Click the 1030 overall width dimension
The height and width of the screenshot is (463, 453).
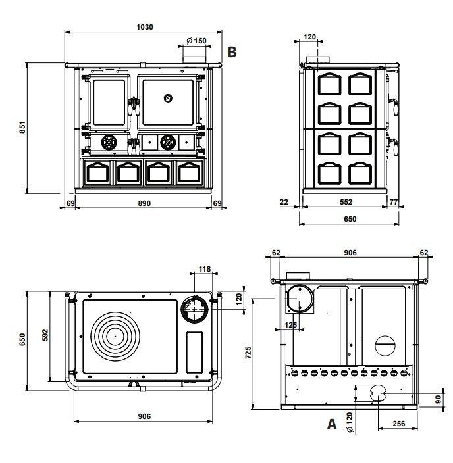pyautogui.click(x=145, y=27)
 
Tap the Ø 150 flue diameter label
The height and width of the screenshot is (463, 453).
pyautogui.click(x=196, y=41)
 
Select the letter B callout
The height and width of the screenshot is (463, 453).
pyautogui.click(x=231, y=51)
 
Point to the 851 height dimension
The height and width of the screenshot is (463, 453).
pyautogui.click(x=21, y=128)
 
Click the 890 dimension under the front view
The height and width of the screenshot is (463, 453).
pyautogui.click(x=144, y=203)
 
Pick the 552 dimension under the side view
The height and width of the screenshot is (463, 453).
pyautogui.click(x=346, y=203)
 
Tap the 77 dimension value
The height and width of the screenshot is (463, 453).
pyautogui.click(x=393, y=203)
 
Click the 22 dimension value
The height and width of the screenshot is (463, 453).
pyautogui.click(x=284, y=203)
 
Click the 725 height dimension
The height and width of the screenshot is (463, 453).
pyautogui.click(x=248, y=353)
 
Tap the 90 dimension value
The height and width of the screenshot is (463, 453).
pyautogui.click(x=439, y=399)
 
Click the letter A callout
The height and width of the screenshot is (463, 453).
pyautogui.click(x=333, y=425)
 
